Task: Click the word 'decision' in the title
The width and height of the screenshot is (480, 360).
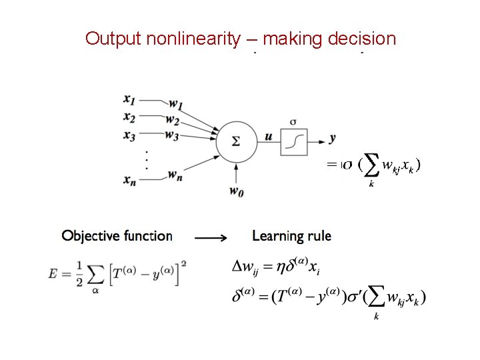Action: [363, 39]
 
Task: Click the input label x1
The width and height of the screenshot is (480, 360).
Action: [129, 99]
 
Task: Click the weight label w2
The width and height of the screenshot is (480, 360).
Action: [173, 121]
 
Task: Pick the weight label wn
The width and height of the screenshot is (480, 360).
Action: [175, 176]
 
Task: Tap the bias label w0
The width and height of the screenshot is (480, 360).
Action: [235, 192]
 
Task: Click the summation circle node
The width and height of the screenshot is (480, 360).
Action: [235, 141]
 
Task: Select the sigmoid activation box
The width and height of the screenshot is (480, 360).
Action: [294, 140]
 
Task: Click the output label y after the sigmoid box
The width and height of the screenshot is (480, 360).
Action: [332, 138]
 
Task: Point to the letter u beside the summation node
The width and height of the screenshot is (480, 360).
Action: [268, 137]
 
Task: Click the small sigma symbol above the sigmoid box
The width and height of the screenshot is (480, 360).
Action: [294, 121]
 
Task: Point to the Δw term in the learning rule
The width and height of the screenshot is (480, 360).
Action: [245, 267]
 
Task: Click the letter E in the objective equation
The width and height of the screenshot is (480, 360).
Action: [53, 274]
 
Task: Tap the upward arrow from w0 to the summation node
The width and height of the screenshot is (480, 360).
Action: [235, 174]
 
